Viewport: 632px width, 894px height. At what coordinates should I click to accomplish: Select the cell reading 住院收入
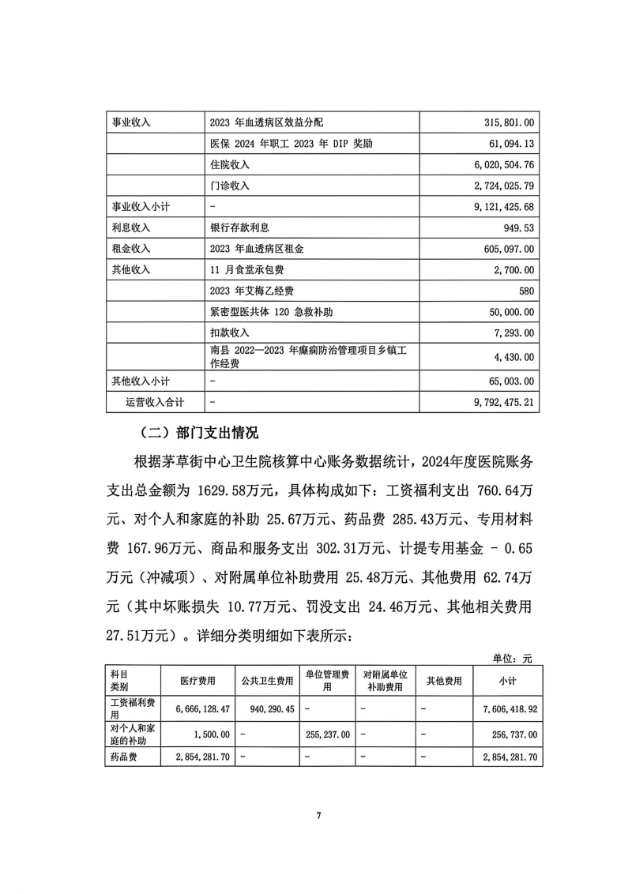(x=230, y=164)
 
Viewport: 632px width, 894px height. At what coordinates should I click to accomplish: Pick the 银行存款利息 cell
(x=240, y=227)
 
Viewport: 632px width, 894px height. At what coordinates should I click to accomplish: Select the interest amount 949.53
(x=518, y=227)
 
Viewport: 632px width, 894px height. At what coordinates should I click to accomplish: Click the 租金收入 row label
(x=130, y=248)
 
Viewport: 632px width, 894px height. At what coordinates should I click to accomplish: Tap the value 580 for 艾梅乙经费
(x=527, y=290)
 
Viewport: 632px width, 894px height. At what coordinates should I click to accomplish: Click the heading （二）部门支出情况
(x=197, y=433)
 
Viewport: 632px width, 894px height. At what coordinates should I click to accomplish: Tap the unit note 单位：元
(x=513, y=657)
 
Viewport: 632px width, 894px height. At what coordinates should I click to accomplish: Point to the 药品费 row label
(x=125, y=757)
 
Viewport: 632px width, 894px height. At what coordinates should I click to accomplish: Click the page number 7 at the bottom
(x=318, y=815)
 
